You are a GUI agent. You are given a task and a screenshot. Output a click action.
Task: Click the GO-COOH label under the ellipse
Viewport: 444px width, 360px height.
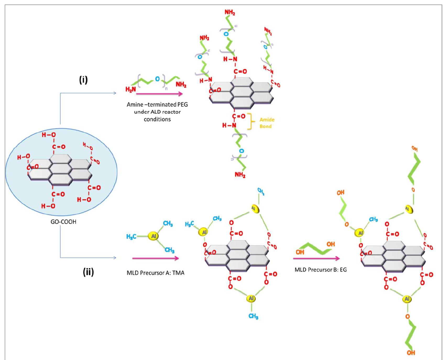tap(63, 222)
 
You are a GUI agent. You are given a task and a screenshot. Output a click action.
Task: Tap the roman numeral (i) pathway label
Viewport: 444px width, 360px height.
tap(84, 79)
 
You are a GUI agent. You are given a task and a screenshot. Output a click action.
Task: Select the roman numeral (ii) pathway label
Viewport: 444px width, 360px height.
tap(88, 272)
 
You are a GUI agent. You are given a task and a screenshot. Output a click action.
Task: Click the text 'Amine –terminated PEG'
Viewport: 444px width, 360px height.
tap(157, 105)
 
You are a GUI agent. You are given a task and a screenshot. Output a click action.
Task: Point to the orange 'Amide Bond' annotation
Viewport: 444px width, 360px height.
tap(267, 123)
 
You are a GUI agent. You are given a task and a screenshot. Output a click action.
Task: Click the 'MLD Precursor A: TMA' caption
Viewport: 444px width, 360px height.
tap(155, 273)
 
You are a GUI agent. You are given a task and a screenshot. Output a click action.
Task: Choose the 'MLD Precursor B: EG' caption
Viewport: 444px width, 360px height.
tap(320, 270)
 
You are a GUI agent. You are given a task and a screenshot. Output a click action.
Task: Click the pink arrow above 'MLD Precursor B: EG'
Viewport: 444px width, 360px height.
tap(316, 259)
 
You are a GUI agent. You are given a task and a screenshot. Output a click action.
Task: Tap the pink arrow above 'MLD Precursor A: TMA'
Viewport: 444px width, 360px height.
tap(156, 259)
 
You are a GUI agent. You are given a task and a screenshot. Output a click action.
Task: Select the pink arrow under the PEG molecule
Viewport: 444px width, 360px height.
tap(159, 94)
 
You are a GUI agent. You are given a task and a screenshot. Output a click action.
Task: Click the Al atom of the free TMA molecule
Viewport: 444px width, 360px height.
tap(153, 236)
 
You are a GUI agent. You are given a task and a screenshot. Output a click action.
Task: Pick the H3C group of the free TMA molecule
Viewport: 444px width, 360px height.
tap(131, 237)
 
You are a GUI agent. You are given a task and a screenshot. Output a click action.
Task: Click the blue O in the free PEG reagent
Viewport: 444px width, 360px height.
tap(157, 79)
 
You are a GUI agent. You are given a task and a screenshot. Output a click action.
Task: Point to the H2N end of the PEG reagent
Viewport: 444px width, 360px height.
tap(130, 89)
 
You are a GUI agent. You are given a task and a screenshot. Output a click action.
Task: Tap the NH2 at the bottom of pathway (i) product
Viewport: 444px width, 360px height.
tap(240, 175)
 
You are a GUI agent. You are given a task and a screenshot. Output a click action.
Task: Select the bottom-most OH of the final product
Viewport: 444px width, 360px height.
tap(411, 353)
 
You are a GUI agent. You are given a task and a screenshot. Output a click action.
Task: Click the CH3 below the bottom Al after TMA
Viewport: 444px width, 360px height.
tap(253, 316)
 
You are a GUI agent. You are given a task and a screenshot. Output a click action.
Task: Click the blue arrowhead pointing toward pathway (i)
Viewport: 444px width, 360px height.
tap(114, 93)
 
